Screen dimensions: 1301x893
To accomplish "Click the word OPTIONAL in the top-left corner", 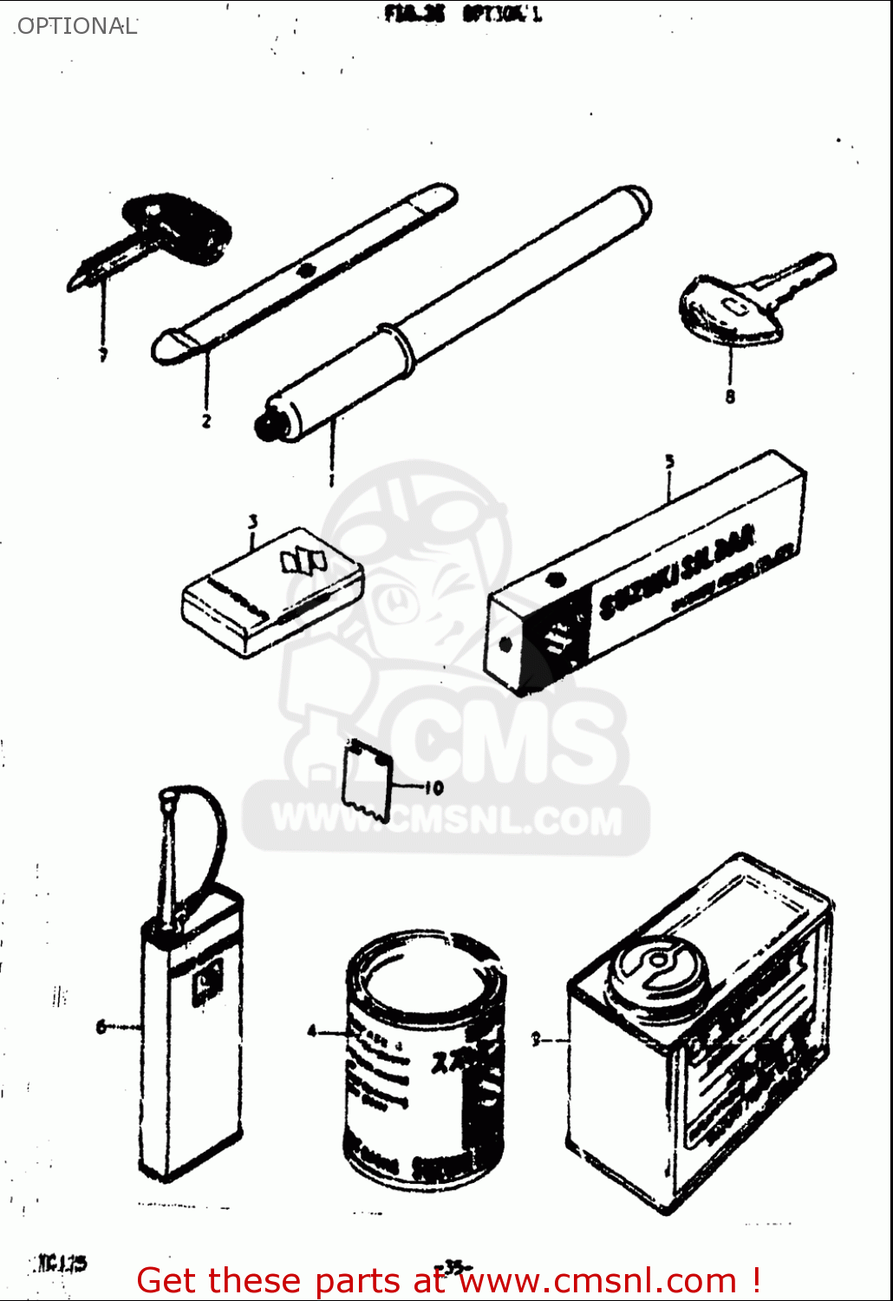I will coord(76,26).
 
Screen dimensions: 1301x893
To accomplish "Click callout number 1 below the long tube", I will coord(331,480).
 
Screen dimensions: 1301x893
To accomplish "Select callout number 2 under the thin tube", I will coord(206,422).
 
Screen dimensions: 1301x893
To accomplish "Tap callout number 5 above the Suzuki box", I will coord(669,462).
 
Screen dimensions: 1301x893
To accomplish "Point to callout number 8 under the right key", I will coord(730,396).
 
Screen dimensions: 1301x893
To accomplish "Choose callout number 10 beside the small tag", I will coord(433,788).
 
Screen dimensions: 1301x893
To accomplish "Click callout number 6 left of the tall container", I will coord(101,1027).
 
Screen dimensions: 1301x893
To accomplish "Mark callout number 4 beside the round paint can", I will coord(312,1031).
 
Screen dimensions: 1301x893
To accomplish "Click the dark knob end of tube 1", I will coord(266,424).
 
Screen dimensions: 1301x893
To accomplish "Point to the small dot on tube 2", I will coord(304,271).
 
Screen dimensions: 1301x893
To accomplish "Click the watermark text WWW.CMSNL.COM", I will coord(446,820).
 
